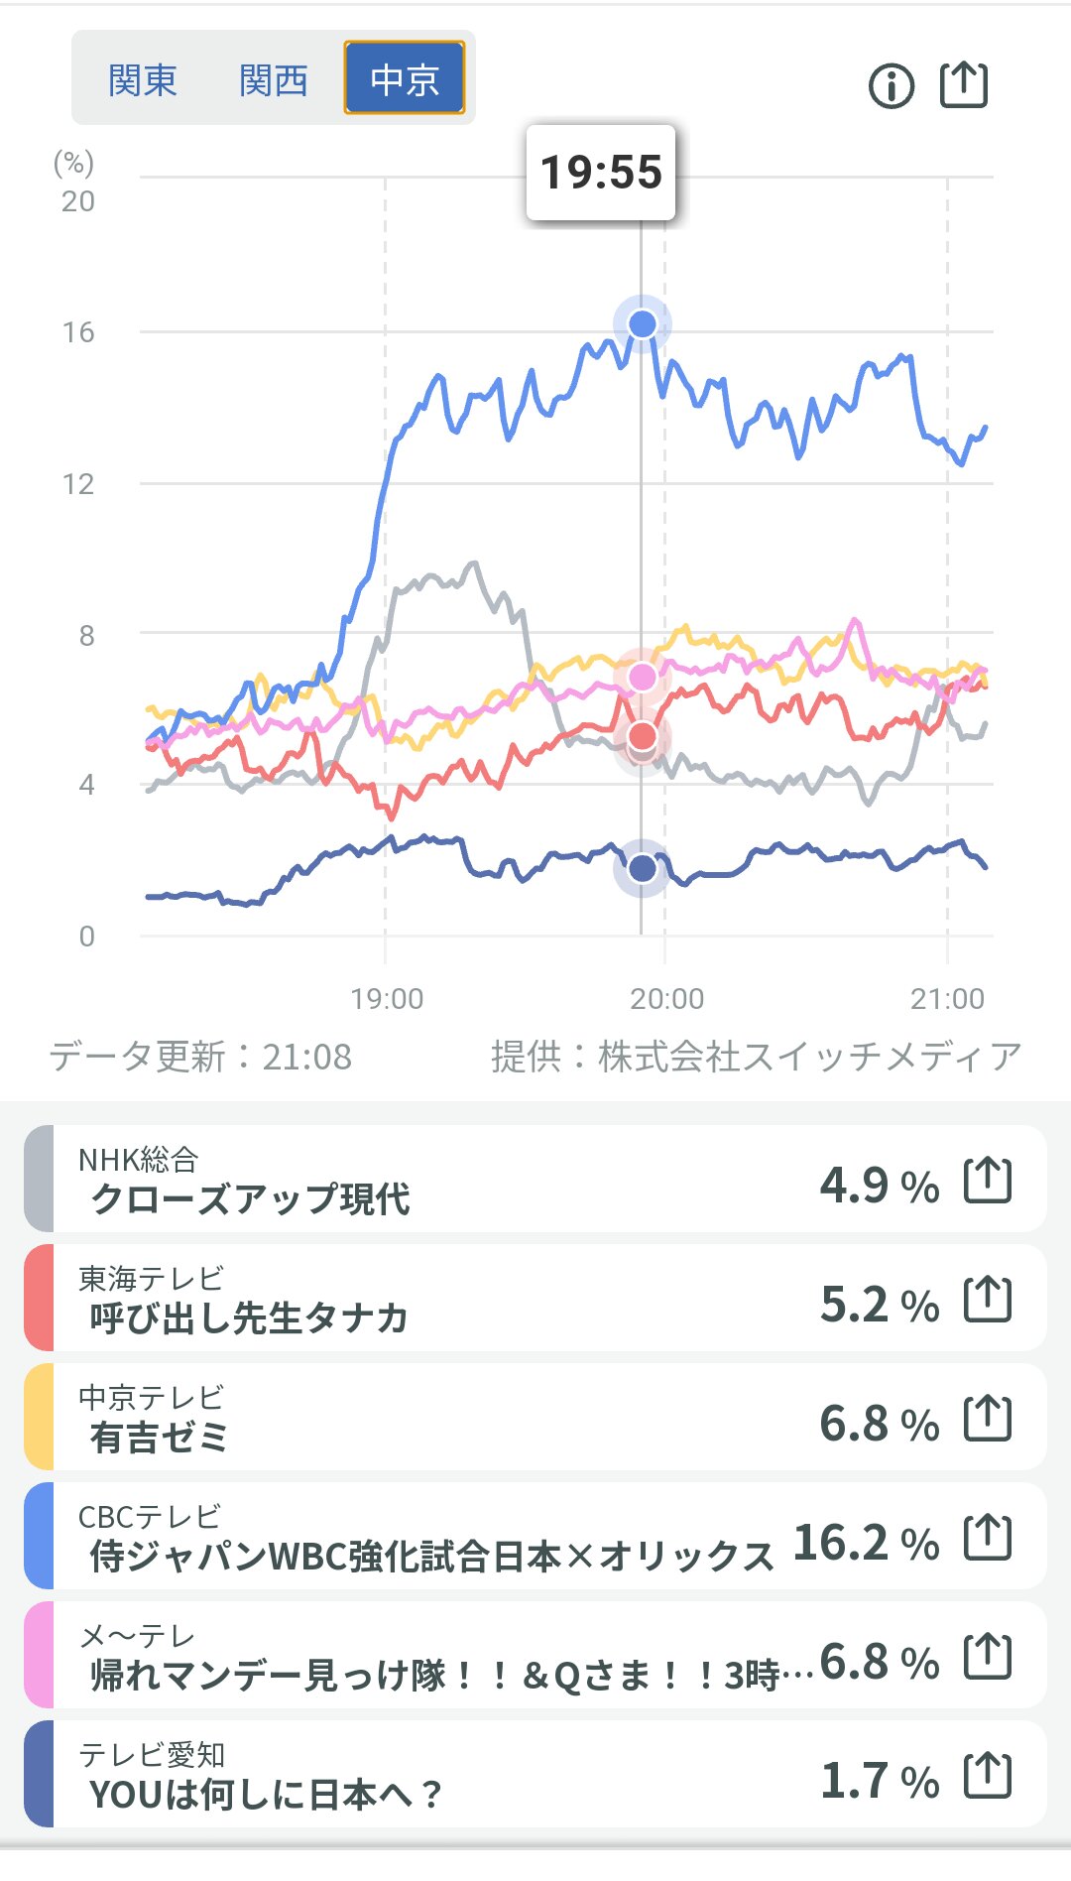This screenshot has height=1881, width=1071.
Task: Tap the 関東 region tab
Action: [143, 79]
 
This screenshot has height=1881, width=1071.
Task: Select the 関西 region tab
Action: [274, 79]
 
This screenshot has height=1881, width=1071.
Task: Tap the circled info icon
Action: [891, 86]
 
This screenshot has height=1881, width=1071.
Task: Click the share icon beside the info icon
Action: [964, 84]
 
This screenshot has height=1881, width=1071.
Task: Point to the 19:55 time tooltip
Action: [601, 173]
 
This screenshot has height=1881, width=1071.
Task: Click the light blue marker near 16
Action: [643, 323]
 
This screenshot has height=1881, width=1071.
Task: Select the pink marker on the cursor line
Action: [643, 677]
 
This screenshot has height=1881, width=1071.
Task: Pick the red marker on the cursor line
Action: [643, 736]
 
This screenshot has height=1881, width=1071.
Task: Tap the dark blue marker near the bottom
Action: [643, 869]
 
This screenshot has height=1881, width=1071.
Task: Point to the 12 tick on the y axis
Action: [78, 484]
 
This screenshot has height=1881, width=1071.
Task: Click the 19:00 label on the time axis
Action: [387, 998]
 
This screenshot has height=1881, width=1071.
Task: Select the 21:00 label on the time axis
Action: [947, 998]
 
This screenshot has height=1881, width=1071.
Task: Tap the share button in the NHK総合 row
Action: [988, 1181]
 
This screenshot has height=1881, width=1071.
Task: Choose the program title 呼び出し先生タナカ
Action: [249, 1317]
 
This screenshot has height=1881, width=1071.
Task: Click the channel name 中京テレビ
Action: [152, 1397]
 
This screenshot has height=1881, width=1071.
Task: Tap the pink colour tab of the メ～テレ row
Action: [39, 1655]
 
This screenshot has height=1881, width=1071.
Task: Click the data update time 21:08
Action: [306, 1058]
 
